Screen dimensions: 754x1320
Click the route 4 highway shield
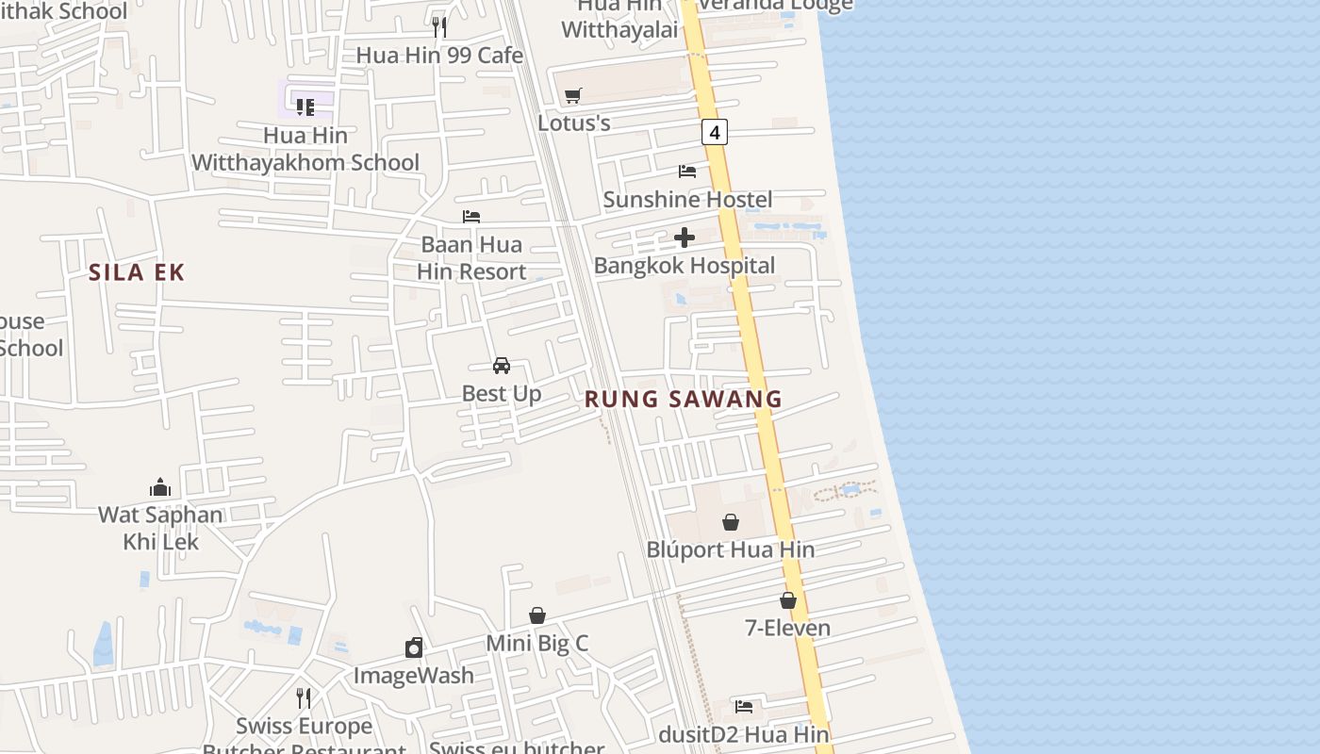(x=715, y=133)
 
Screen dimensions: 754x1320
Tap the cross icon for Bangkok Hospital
(x=685, y=238)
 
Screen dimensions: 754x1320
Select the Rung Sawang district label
(x=684, y=399)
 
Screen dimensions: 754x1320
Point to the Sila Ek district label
(x=137, y=273)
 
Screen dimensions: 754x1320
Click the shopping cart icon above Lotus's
(x=572, y=95)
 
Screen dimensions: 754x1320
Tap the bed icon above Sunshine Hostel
(x=687, y=172)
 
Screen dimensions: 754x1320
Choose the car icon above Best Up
(x=502, y=366)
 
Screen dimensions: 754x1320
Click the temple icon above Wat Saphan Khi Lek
(x=160, y=487)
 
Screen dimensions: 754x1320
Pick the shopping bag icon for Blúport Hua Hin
(x=731, y=521)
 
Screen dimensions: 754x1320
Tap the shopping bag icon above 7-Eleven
(x=788, y=600)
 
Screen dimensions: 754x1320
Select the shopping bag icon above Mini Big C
(x=537, y=615)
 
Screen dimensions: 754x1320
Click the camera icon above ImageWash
(x=414, y=647)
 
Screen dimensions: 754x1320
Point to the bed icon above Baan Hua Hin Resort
(x=471, y=217)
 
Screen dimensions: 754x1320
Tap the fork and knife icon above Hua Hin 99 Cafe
(x=439, y=26)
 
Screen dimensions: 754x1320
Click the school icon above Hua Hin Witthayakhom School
(x=305, y=107)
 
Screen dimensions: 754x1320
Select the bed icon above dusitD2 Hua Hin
(x=744, y=706)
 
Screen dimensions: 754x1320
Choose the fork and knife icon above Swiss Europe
(x=304, y=698)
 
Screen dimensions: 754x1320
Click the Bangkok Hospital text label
(x=685, y=266)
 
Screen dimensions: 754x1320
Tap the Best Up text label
(x=502, y=394)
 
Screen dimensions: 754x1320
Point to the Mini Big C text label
(x=536, y=644)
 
